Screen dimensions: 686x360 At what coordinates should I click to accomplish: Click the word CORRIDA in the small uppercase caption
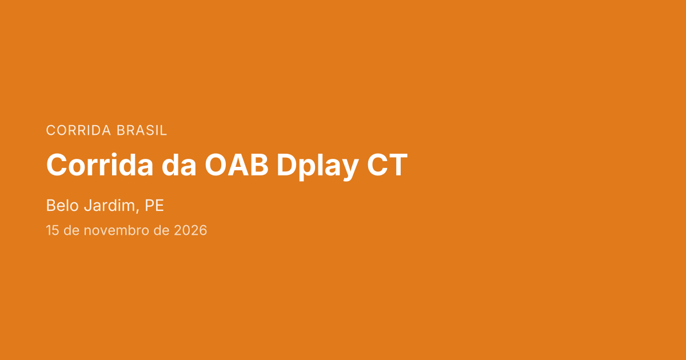coord(78,130)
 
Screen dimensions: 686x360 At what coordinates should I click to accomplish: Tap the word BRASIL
coord(142,130)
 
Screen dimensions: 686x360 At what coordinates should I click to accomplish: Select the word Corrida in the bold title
coord(99,165)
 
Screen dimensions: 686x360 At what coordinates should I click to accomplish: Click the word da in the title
coord(179,165)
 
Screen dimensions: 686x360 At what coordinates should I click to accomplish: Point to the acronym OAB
coord(237,165)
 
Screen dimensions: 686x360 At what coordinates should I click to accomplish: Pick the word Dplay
coord(318,167)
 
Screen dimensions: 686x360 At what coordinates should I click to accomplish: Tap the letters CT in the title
coord(387,165)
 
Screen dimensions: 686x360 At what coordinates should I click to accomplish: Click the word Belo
coord(62,205)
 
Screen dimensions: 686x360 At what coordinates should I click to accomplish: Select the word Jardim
coord(109,205)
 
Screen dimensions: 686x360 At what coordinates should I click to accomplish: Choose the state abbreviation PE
coord(154,205)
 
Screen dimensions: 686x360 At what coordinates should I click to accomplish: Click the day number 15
coord(53,230)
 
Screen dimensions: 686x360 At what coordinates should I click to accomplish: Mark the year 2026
coord(190,230)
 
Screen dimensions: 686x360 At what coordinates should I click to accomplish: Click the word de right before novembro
coord(71,230)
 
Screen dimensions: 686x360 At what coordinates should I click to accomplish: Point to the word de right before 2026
coord(161,230)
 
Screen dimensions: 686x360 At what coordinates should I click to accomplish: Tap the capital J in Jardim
coord(88,205)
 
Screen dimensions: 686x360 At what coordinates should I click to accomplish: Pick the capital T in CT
coord(397,165)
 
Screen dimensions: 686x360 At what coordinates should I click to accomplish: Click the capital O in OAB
coord(216,165)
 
